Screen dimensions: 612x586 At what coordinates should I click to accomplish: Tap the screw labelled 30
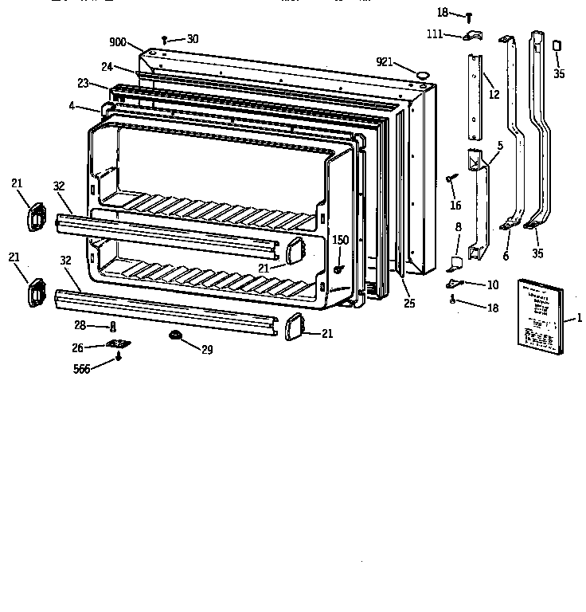click(165, 38)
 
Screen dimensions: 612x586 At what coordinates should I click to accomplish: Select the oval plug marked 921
click(422, 73)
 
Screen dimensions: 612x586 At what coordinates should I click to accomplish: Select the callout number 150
click(340, 240)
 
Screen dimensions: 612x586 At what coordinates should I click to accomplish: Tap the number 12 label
click(494, 95)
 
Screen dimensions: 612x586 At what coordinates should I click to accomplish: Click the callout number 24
click(107, 67)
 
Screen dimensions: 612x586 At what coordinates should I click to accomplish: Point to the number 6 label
click(505, 256)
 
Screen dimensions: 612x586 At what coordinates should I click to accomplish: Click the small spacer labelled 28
click(113, 327)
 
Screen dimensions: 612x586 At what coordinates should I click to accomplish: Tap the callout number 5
click(499, 146)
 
